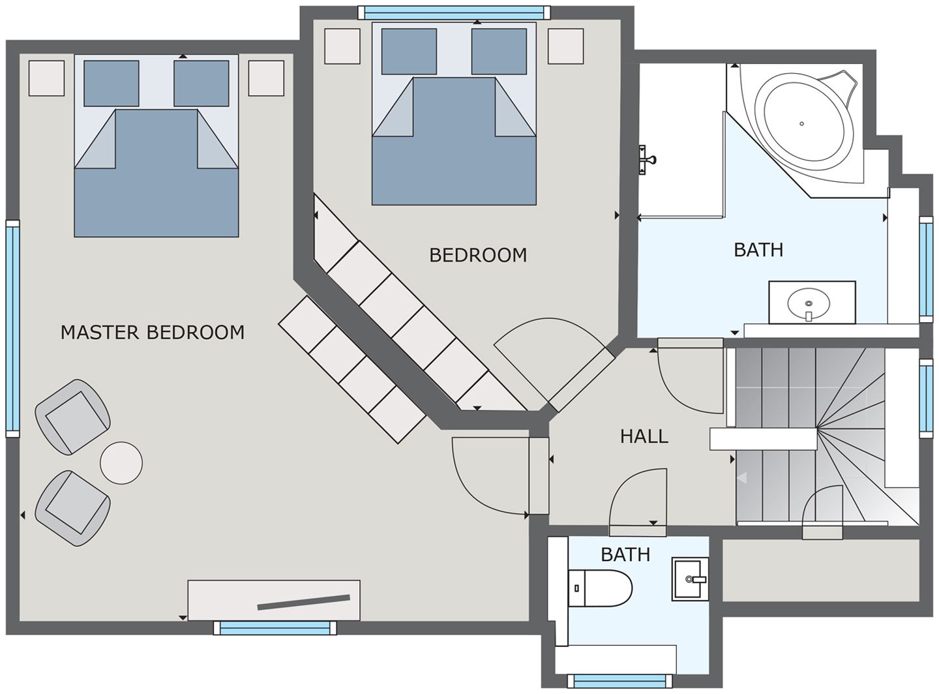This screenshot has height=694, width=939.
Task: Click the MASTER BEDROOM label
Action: (152, 332)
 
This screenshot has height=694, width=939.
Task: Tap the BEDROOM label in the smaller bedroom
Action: (478, 255)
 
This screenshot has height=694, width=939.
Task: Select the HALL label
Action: (644, 436)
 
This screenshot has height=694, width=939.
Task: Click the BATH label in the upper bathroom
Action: (758, 250)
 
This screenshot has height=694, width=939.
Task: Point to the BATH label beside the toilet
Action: (625, 554)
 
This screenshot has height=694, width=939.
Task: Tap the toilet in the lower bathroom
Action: (600, 588)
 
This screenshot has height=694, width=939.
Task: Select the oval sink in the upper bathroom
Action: (809, 303)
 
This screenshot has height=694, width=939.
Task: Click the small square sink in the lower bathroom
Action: (690, 579)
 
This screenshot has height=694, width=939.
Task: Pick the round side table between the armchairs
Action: (121, 462)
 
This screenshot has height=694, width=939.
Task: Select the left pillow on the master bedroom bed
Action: (112, 83)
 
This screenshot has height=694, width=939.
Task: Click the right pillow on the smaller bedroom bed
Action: (499, 52)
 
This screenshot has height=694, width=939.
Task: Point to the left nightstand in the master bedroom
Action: (46, 78)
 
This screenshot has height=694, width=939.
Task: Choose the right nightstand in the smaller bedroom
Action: (565, 46)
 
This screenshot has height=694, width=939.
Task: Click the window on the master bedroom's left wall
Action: (12, 328)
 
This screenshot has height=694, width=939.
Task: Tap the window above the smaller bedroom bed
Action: (454, 12)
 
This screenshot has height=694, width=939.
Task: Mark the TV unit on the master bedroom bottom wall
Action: (274, 600)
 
